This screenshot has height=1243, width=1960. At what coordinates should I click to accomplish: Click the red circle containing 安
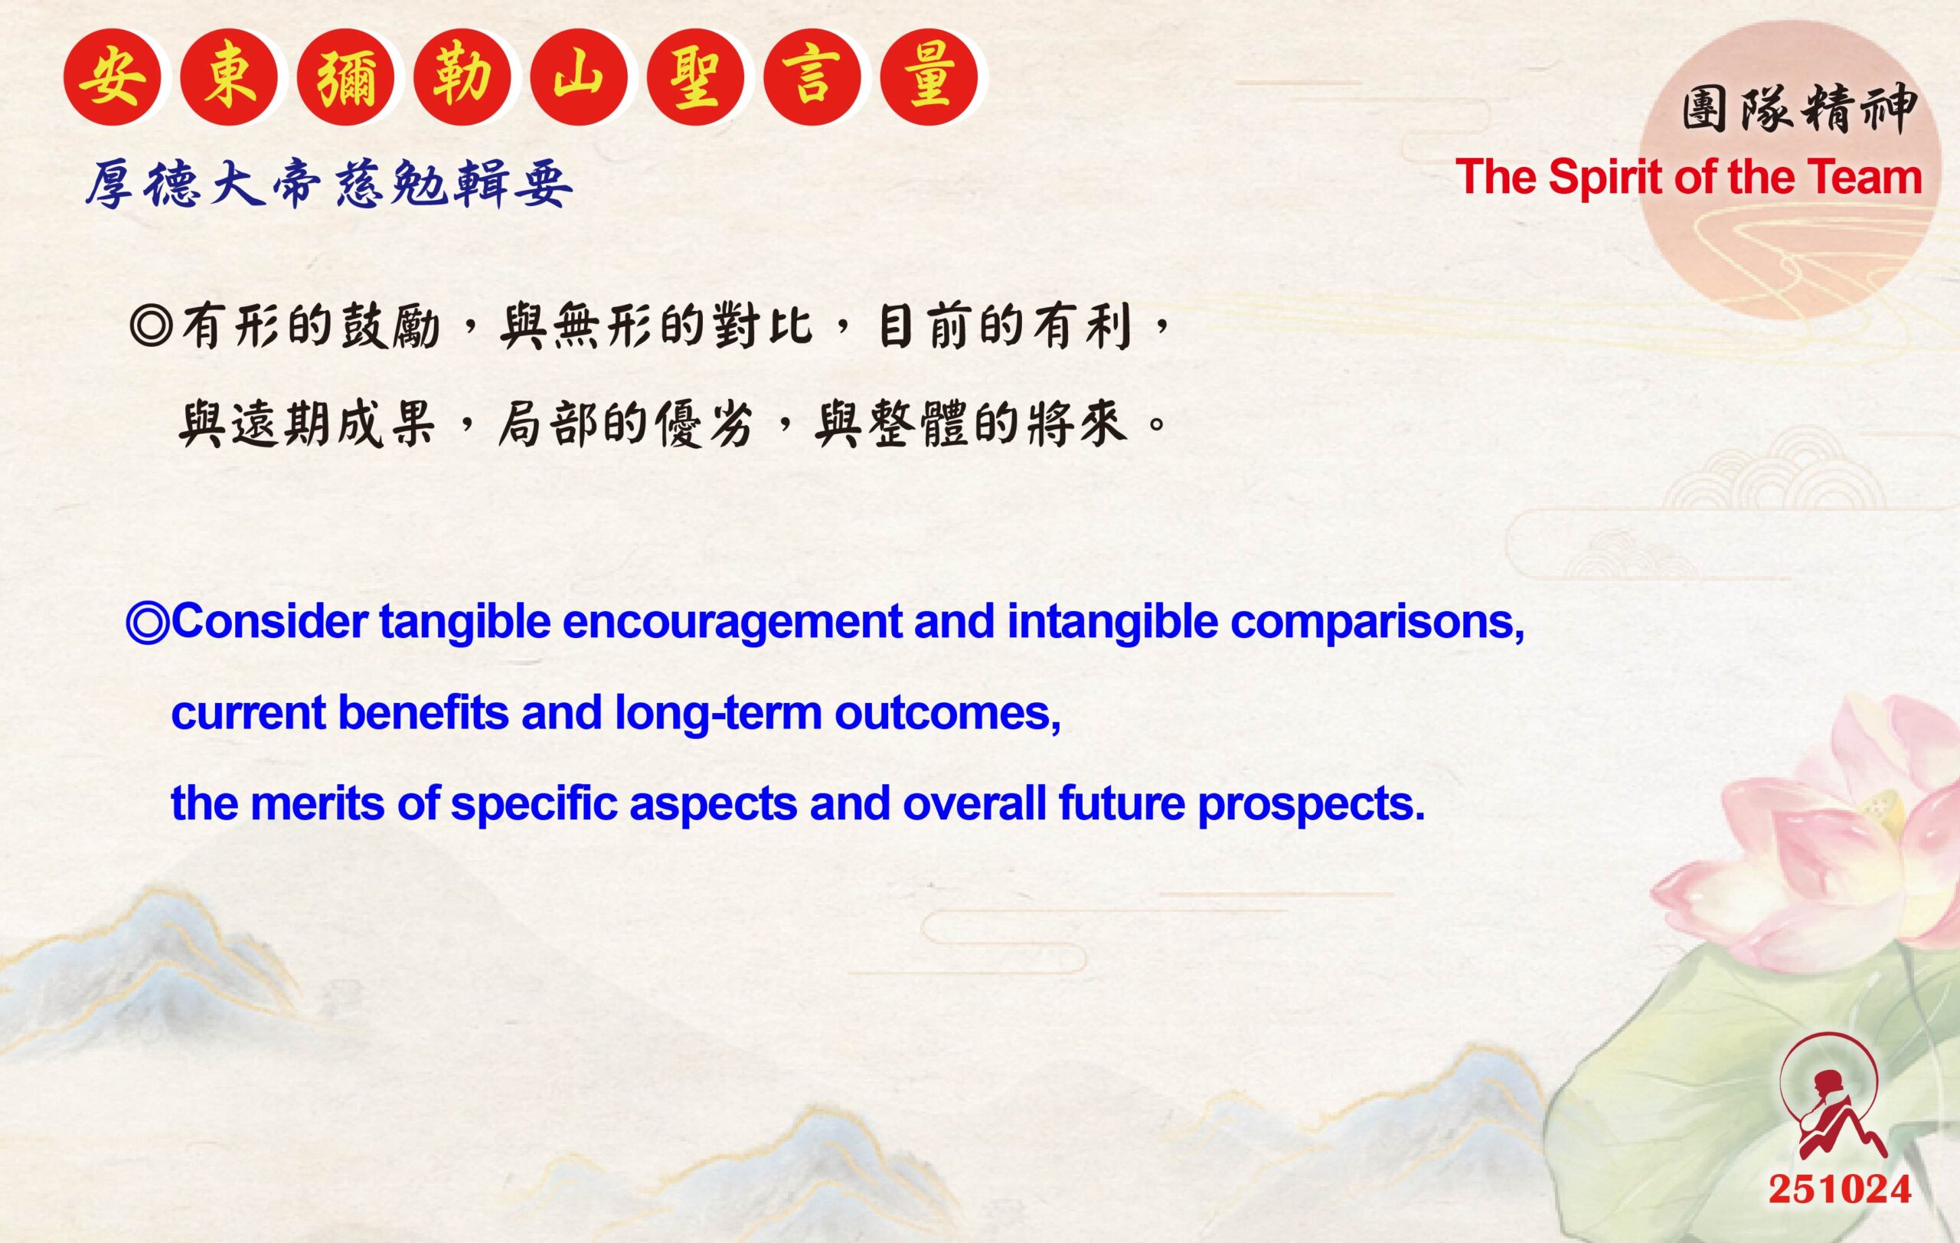113,77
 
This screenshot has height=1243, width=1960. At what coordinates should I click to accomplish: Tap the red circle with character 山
579,77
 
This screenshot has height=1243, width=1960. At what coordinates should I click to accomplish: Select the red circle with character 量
929,77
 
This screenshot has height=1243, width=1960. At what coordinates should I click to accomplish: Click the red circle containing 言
812,77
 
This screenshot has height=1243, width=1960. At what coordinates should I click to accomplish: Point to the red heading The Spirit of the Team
1688,178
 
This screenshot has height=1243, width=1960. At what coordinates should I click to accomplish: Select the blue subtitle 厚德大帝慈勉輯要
330,184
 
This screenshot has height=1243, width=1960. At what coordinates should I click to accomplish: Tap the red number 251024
1839,1189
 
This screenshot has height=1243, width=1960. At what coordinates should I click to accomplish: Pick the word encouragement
732,622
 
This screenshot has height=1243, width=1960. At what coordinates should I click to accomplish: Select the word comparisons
1377,622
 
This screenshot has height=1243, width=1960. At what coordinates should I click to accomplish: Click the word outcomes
946,713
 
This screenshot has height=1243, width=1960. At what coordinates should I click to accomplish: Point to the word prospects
1311,803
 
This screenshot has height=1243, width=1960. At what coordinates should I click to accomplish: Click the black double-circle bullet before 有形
151,327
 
